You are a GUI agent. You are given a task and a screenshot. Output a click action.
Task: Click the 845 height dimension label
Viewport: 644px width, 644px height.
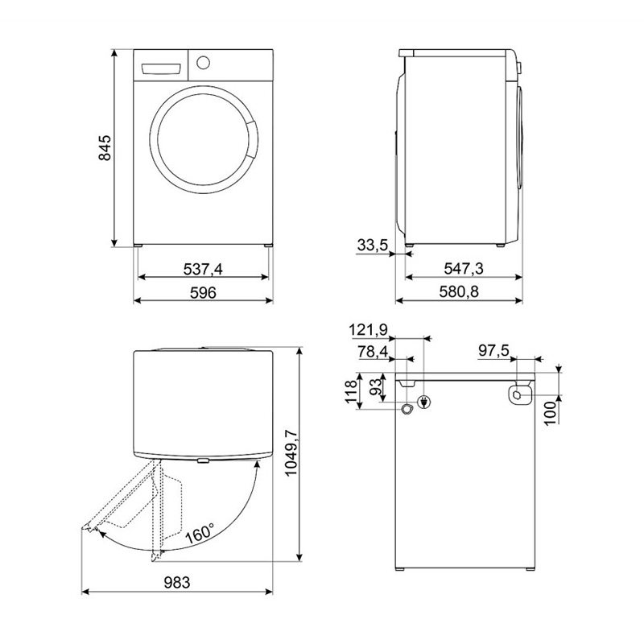coord(105,147)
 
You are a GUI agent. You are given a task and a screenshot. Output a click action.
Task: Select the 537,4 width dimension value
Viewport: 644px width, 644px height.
coord(203,269)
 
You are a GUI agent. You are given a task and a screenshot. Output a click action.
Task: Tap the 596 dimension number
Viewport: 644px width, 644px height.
coord(203,293)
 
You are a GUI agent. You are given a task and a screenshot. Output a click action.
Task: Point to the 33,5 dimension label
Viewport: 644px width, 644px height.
coord(372,246)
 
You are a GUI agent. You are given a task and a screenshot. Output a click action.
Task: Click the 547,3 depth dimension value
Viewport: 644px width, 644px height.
coord(464,269)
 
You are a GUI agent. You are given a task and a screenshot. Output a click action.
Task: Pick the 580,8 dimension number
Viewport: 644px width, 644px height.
coord(459,292)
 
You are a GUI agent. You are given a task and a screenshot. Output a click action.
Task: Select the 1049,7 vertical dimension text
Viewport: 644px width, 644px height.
coord(291,452)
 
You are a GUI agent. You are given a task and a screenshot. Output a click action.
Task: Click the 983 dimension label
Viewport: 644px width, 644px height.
coord(177,582)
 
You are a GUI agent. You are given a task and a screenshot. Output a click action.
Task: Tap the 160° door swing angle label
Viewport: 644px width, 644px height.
coord(200,533)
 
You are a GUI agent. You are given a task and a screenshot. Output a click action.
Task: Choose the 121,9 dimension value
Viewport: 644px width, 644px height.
coord(369,330)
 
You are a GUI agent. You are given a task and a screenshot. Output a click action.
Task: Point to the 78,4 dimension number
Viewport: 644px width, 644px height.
coord(373,352)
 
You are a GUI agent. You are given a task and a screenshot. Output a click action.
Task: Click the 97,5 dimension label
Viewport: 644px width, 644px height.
coord(493,351)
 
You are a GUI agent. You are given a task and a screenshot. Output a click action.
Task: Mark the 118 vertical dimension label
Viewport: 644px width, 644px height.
coord(351,392)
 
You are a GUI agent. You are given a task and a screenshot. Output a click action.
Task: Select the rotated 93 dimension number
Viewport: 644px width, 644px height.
coord(376,387)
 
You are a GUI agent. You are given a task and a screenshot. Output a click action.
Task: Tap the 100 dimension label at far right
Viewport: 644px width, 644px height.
coord(551,413)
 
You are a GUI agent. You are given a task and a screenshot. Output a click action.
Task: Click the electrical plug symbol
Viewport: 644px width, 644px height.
coord(424,402)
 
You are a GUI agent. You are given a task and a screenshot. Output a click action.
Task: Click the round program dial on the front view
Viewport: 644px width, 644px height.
coord(203,63)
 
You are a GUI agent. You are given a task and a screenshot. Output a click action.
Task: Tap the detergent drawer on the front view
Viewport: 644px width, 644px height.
coord(161,69)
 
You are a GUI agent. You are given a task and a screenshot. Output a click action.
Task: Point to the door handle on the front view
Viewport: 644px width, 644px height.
coord(252,139)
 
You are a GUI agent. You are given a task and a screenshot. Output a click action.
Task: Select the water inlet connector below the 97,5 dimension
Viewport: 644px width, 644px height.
coord(518,395)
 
